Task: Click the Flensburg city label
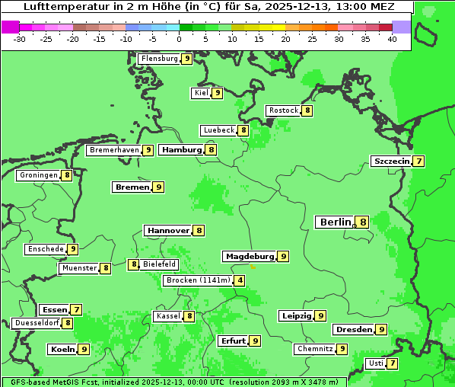point(160,59)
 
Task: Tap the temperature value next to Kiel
point(217,93)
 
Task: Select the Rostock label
point(284,110)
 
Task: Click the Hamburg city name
point(182,150)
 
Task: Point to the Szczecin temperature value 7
point(418,161)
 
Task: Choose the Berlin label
point(336,222)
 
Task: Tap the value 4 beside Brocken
point(240,280)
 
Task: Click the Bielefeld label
point(160,264)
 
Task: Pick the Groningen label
point(39,175)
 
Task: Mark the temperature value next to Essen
point(76,310)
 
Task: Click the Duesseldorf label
point(37,323)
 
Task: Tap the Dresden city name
point(354,330)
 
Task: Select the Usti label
point(376,363)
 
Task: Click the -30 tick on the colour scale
point(20,38)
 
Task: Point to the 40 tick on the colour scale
point(392,38)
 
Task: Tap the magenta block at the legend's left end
point(10,27)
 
